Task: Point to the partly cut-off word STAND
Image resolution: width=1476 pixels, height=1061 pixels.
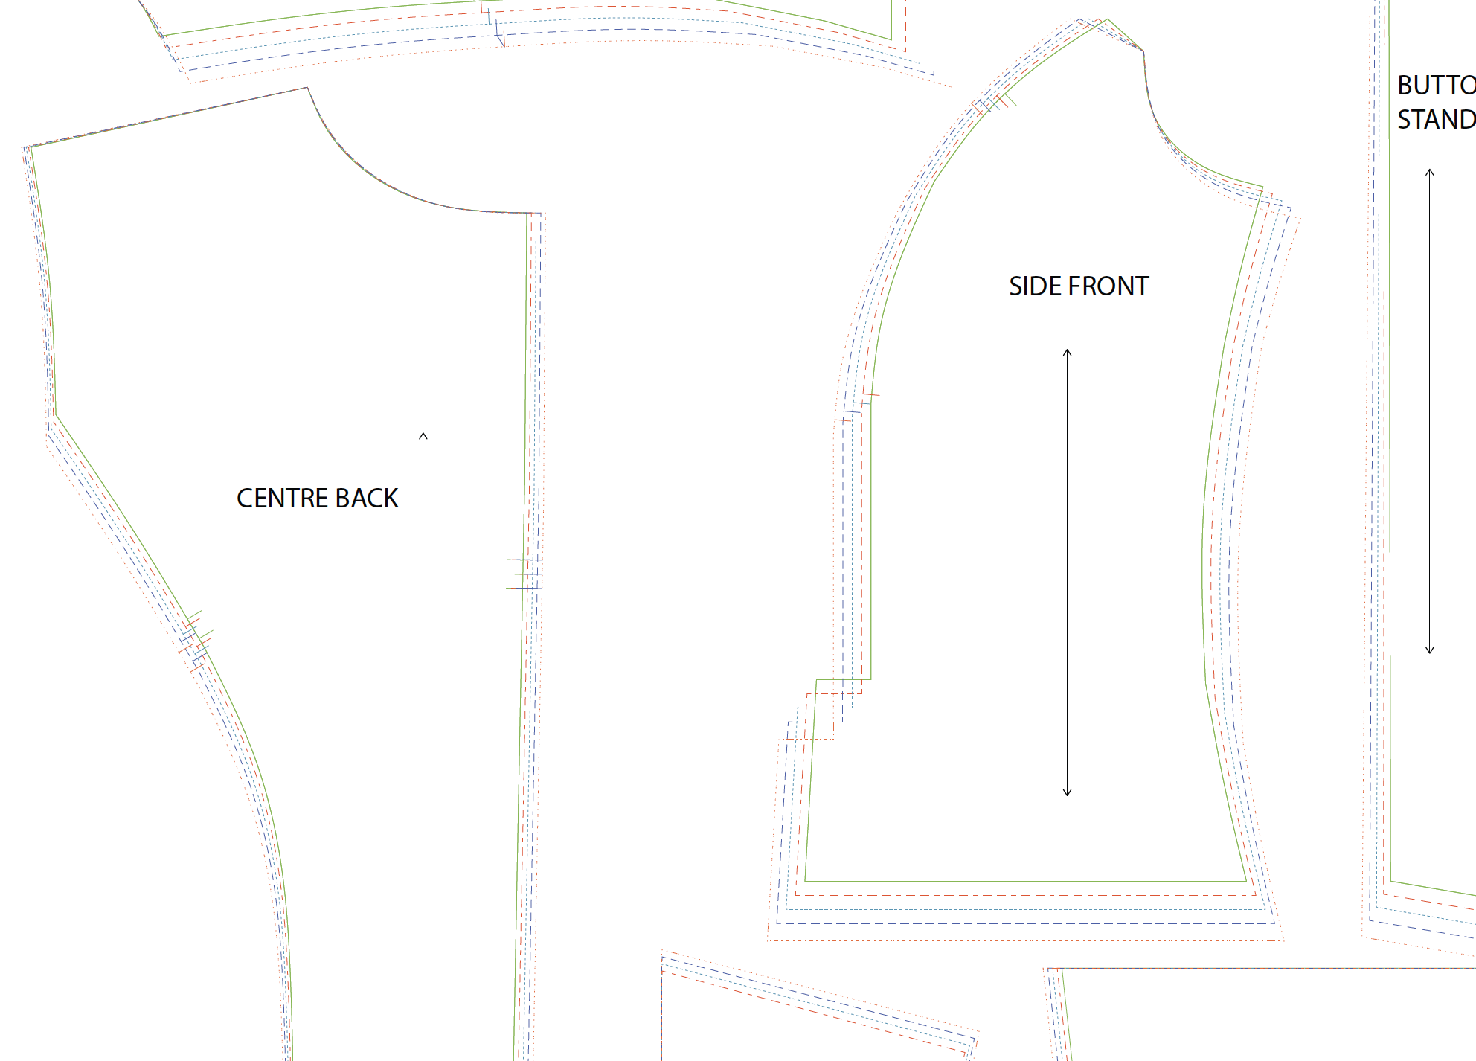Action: (1436, 120)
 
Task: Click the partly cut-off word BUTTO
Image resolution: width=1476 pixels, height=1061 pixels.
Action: (1436, 86)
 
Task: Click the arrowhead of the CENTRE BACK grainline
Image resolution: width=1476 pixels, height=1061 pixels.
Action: (423, 435)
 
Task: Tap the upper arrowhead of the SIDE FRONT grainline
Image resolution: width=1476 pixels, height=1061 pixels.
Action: (1067, 352)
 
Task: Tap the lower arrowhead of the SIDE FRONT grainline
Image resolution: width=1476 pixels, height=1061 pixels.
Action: (1067, 792)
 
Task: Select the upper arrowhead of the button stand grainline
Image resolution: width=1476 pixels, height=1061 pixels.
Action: (1429, 172)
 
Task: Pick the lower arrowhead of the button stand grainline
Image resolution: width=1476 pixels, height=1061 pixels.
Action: (1429, 650)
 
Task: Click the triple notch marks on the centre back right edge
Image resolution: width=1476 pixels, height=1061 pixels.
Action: (524, 574)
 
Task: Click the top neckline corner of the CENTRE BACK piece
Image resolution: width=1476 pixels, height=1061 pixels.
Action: (307, 88)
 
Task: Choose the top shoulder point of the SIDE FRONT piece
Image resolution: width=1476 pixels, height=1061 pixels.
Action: (1108, 19)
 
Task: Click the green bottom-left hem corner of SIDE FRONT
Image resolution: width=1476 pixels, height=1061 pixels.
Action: (806, 881)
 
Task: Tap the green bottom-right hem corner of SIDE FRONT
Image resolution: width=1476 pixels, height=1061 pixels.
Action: (1246, 881)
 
